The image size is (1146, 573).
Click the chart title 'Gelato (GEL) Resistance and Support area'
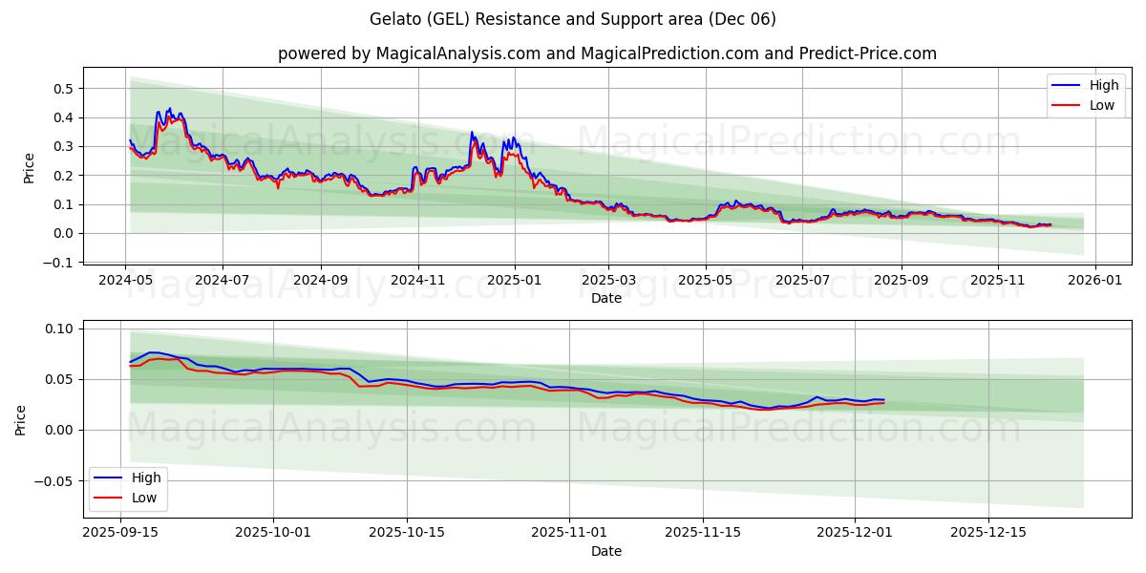572,19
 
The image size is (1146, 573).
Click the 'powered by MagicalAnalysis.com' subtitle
606,53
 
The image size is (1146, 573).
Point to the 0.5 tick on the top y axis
64,89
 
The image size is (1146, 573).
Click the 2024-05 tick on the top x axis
126,281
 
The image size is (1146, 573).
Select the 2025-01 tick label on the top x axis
515,281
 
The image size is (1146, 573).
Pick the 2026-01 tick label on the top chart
1094,281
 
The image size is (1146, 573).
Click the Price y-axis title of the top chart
29,167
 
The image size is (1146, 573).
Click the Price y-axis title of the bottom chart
21,419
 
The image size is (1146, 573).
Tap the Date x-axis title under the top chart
606,298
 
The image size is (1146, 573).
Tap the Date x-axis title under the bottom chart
606,551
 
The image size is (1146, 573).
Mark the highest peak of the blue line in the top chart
170,108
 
